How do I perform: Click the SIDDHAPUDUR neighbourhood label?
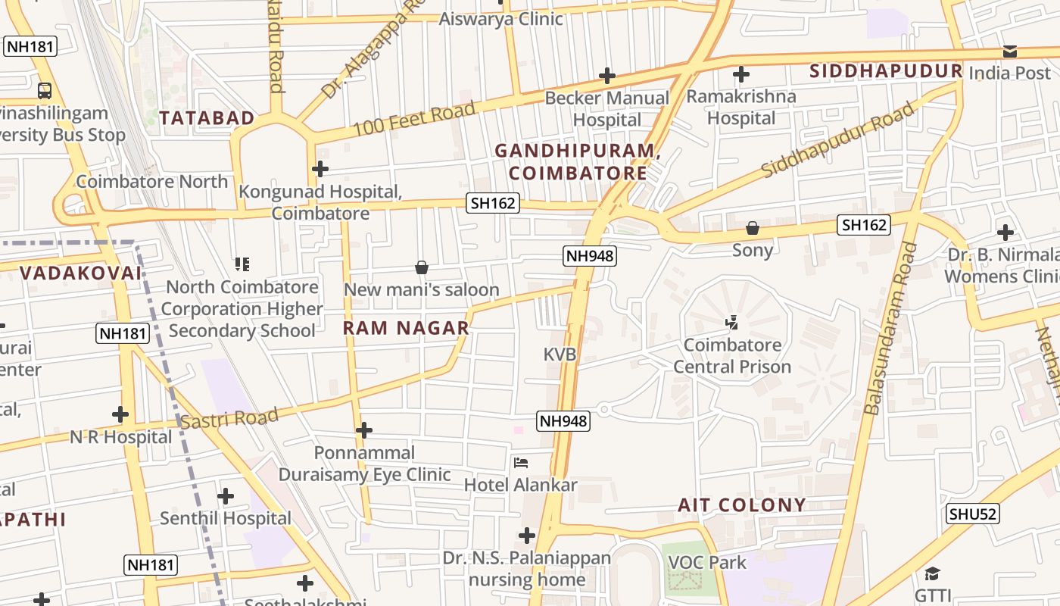885,71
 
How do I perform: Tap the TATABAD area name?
207,117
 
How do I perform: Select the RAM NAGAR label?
406,328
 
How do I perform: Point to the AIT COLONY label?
741,505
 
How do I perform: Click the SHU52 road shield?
973,514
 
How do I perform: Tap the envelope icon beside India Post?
1009,52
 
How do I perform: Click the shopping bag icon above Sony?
752,228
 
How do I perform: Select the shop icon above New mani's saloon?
422,267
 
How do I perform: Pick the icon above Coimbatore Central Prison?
731,323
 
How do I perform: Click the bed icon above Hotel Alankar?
521,463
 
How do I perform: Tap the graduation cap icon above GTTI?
932,574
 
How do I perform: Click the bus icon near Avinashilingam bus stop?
45,91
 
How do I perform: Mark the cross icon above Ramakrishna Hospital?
741,74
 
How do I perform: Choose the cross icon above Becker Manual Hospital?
606,76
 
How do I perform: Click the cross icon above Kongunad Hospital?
320,168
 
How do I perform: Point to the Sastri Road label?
229,419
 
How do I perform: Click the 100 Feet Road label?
414,119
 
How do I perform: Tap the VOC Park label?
707,563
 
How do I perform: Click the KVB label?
560,355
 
